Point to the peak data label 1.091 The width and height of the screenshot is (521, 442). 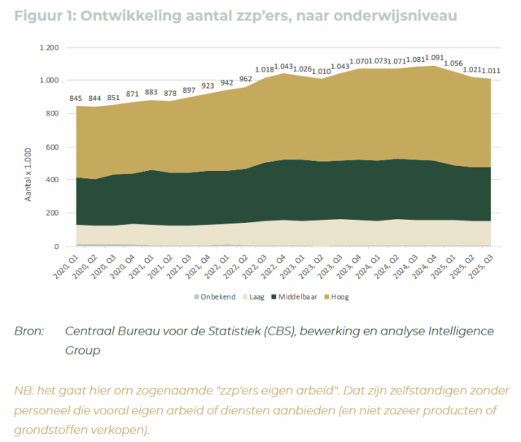tap(436, 59)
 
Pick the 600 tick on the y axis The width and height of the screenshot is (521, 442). tap(51, 147)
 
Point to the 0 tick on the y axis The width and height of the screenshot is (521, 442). tap(57, 247)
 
